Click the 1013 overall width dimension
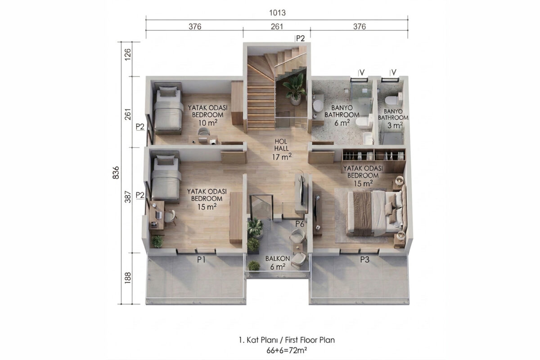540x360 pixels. pos(277,13)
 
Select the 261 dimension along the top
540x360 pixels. pos(277,27)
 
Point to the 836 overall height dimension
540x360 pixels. pos(116,172)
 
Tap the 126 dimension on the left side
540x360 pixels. pos(128,54)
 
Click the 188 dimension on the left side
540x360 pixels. pos(128,277)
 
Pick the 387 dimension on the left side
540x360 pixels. pos(128,197)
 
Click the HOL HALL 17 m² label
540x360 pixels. pos(282,149)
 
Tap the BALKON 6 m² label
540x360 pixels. pos(278,263)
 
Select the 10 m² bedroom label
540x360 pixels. pos(208,115)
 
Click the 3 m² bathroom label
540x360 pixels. pos(393,118)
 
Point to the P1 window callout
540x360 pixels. pos(201,260)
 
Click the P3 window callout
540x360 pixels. pos(365,260)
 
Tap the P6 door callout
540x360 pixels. pos(300,224)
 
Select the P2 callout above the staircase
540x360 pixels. pos(301,39)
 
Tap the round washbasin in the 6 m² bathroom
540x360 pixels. pos(318,106)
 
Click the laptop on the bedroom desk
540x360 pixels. pos(159,214)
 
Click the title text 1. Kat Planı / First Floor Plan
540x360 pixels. pos(287,340)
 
